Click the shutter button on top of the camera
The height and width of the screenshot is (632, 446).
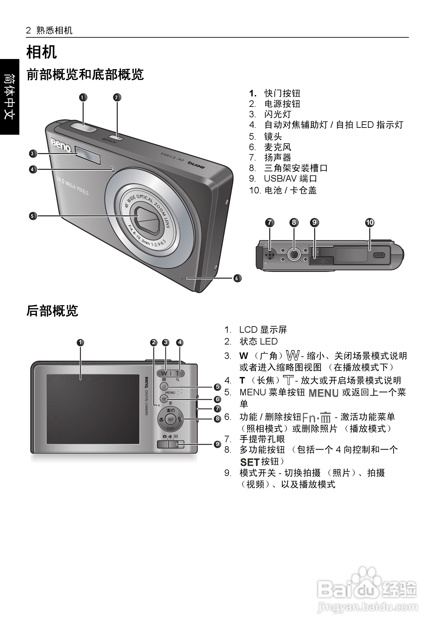pyautogui.click(x=83, y=127)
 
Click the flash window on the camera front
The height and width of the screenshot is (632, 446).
pyautogui.click(x=88, y=154)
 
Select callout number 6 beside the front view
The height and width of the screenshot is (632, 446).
pyautogui.click(x=237, y=278)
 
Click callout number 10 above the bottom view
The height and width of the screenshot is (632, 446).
pyautogui.click(x=370, y=223)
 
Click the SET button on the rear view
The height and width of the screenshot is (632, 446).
pyautogui.click(x=170, y=419)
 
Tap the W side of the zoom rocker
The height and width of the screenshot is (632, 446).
pyautogui.click(x=164, y=373)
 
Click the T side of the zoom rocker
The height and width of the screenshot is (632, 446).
pyautogui.click(x=178, y=373)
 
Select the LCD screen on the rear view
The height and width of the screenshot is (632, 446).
pyautogui.click(x=93, y=409)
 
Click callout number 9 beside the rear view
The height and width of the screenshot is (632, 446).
pyautogui.click(x=217, y=444)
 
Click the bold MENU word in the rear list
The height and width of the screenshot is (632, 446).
pyautogui.click(x=323, y=393)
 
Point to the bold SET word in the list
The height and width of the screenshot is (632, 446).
pyautogui.click(x=250, y=462)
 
